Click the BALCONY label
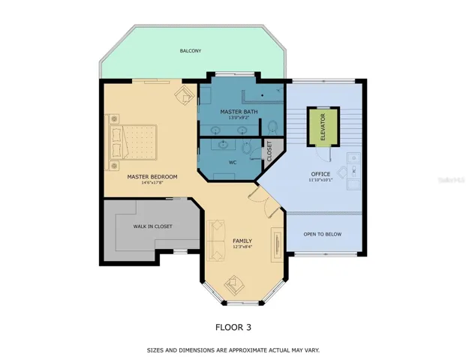point(190,51)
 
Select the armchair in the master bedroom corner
point(184,95)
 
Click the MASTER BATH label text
point(239,112)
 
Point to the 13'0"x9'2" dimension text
point(239,118)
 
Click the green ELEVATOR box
point(322,127)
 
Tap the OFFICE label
point(320,174)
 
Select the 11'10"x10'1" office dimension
point(320,180)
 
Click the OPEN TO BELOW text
point(322,234)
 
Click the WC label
point(232,161)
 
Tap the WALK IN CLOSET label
point(152,226)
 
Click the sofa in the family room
point(217,238)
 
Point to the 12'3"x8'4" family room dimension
point(242,247)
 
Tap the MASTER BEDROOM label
point(152,177)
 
